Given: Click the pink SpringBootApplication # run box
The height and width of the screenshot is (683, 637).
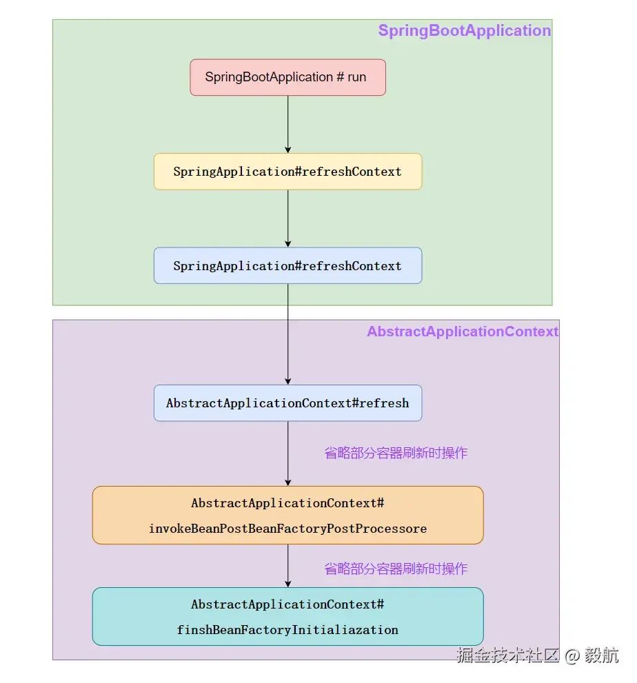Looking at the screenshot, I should [287, 77].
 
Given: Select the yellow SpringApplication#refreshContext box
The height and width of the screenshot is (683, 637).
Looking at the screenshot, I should [287, 172].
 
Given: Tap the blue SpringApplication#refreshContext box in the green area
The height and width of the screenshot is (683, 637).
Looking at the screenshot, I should [287, 266].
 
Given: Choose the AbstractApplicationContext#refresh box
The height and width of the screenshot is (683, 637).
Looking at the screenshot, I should [287, 403].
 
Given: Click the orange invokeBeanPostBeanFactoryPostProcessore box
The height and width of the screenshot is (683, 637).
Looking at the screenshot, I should [287, 516].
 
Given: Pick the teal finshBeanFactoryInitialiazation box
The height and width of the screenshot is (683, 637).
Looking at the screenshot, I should [287, 616].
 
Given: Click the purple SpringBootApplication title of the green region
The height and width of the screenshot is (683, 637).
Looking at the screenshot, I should [464, 31].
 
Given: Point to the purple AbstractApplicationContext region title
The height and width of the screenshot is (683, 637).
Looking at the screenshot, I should [462, 332].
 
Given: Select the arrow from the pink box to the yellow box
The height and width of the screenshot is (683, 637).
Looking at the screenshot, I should [288, 124].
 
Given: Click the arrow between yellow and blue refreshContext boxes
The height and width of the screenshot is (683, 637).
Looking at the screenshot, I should [288, 218].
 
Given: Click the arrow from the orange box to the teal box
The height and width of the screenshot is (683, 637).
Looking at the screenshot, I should [288, 566].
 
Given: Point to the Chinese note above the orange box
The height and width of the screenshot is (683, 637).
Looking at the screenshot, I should [396, 453].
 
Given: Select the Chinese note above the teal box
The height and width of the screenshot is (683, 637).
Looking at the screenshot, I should [396, 569].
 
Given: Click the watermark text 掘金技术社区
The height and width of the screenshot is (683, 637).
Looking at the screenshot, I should [507, 655].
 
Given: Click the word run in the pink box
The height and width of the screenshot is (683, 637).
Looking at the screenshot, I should [357, 77].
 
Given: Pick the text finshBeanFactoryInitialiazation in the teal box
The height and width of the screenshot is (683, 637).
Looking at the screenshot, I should [287, 630].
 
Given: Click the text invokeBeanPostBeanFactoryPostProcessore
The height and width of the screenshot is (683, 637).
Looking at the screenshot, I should [287, 529].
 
